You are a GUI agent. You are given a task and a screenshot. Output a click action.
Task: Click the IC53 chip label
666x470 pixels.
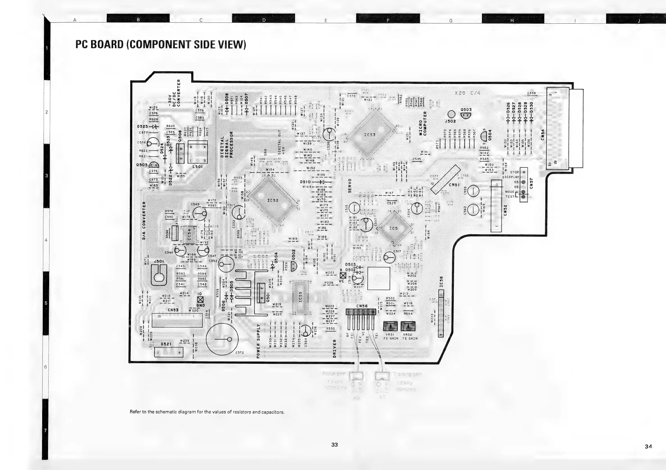click(370, 135)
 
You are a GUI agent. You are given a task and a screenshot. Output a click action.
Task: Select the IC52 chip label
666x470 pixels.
click(273, 200)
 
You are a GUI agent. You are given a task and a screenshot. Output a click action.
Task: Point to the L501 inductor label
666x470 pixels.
click(198, 167)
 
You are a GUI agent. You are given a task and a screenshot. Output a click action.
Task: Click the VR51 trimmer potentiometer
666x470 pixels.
click(390, 326)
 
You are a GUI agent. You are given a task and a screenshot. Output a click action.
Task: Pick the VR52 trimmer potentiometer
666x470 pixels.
click(408, 326)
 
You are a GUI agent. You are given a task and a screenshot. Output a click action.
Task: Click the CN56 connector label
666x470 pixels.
click(362, 306)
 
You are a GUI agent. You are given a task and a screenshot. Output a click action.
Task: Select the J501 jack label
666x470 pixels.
click(159, 261)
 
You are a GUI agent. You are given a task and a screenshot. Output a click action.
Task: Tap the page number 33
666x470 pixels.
click(334, 444)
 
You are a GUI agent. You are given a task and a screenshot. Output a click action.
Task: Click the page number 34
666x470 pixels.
click(649, 446)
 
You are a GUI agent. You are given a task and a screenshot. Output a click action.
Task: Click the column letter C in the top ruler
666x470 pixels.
click(201, 20)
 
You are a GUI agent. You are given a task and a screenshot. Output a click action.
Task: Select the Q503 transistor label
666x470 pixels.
click(466, 110)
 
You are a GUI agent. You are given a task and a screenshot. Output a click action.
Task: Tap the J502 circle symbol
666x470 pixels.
click(452, 114)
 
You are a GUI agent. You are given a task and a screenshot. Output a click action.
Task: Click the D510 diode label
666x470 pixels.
click(305, 182)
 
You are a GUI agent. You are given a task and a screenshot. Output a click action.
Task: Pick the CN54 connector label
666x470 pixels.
click(543, 135)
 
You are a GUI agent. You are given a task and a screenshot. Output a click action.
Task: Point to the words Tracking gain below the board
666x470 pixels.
click(407, 374)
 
